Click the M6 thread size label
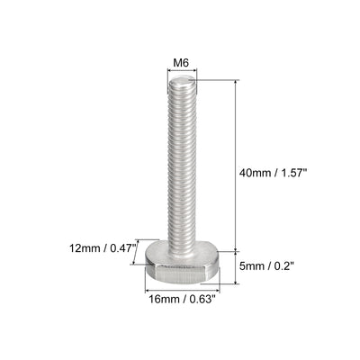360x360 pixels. pos(181,63)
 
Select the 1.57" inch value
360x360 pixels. pos(293,173)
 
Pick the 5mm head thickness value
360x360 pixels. pos(250,266)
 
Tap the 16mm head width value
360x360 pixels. pos(164,299)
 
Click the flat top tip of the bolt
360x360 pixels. pos(182,80)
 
